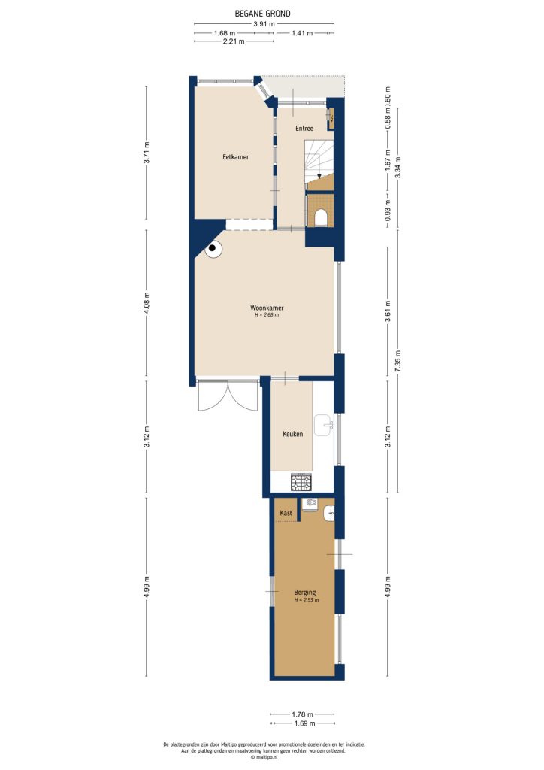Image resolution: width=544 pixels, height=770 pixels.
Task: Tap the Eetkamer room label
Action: click(x=235, y=157)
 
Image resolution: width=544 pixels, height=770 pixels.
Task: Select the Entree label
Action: click(x=304, y=128)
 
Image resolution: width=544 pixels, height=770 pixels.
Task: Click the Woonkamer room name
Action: click(x=267, y=308)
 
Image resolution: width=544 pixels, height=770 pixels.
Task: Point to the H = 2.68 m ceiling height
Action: click(x=267, y=316)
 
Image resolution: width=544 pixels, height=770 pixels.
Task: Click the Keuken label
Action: click(x=292, y=435)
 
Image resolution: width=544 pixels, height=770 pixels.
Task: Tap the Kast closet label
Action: click(x=286, y=513)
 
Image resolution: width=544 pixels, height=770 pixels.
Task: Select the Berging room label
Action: click(x=305, y=592)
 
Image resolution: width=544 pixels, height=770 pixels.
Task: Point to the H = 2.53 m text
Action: click(x=305, y=600)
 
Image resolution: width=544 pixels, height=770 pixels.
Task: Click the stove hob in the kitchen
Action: click(x=301, y=480)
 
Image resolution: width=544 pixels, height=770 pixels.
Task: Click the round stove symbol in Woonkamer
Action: click(x=213, y=247)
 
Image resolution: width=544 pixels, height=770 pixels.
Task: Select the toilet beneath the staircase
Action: click(x=322, y=217)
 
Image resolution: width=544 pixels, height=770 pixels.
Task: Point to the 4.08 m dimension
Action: click(x=147, y=302)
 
